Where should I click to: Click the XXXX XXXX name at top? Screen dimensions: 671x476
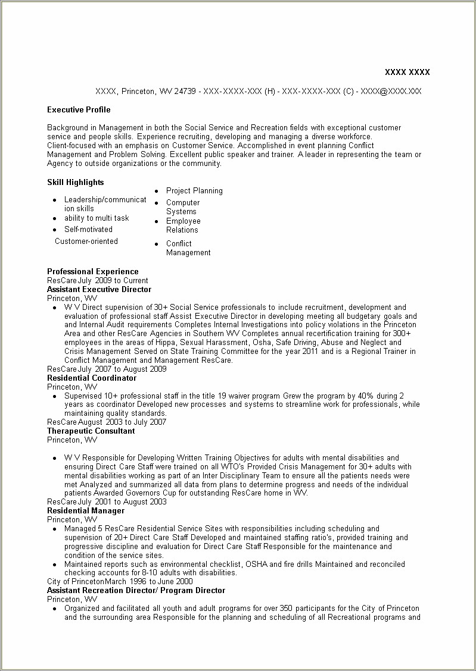click(407, 73)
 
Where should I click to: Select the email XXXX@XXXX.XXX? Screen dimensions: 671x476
click(391, 92)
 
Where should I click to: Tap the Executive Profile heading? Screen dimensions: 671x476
click(79, 110)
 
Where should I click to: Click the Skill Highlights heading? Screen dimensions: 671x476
click(75, 183)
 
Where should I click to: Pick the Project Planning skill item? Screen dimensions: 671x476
click(194, 191)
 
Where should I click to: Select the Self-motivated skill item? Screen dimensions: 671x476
click(88, 230)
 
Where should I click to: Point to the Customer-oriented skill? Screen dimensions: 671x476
click(86, 242)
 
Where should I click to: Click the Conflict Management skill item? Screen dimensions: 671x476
click(188, 248)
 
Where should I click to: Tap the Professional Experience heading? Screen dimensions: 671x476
click(92, 272)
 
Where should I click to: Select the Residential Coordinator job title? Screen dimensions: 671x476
click(92, 378)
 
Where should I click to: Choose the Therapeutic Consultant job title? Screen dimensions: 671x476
click(91, 431)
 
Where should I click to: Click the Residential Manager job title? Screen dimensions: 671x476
click(86, 511)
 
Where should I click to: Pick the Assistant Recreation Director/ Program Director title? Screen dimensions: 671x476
click(136, 591)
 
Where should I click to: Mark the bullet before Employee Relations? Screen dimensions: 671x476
click(156, 222)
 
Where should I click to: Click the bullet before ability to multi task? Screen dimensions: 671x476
click(55, 219)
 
